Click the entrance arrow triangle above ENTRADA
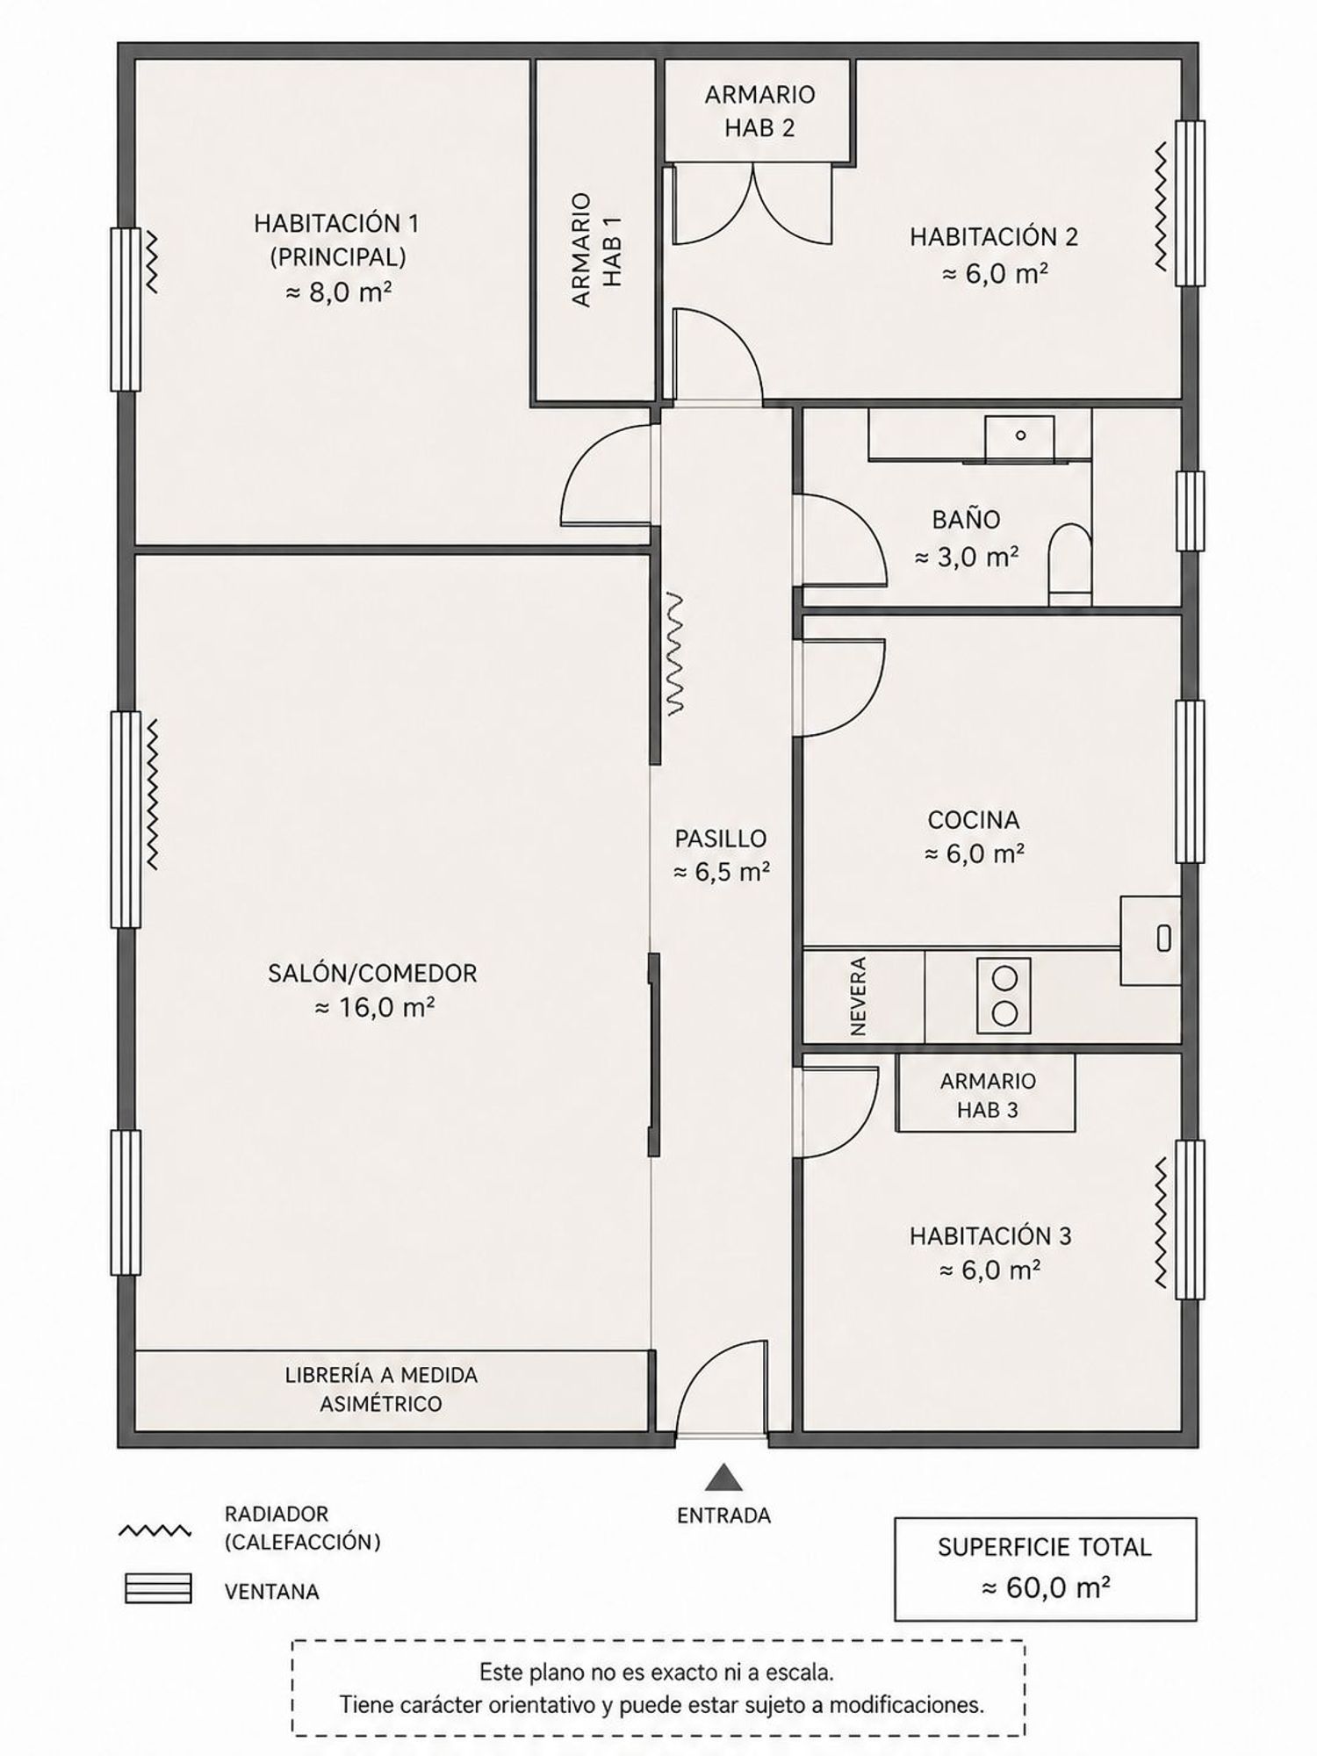pos(723,1478)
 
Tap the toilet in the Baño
pos(1069,565)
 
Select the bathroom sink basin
pos(1019,438)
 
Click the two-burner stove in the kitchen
pos(1004,995)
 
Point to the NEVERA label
pos(859,996)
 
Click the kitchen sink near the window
pos(1151,939)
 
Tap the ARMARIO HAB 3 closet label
pos(987,1095)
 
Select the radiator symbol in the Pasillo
pos(674,654)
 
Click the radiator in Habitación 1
pos(150,261)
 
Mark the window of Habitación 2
pos(1190,203)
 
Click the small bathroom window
pos(1190,511)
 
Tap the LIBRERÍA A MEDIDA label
pos(381,1375)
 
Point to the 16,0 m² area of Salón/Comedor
pos(375,1007)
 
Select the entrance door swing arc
pos(720,1386)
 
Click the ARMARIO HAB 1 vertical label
pos(596,249)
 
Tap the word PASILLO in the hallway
pos(721,838)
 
